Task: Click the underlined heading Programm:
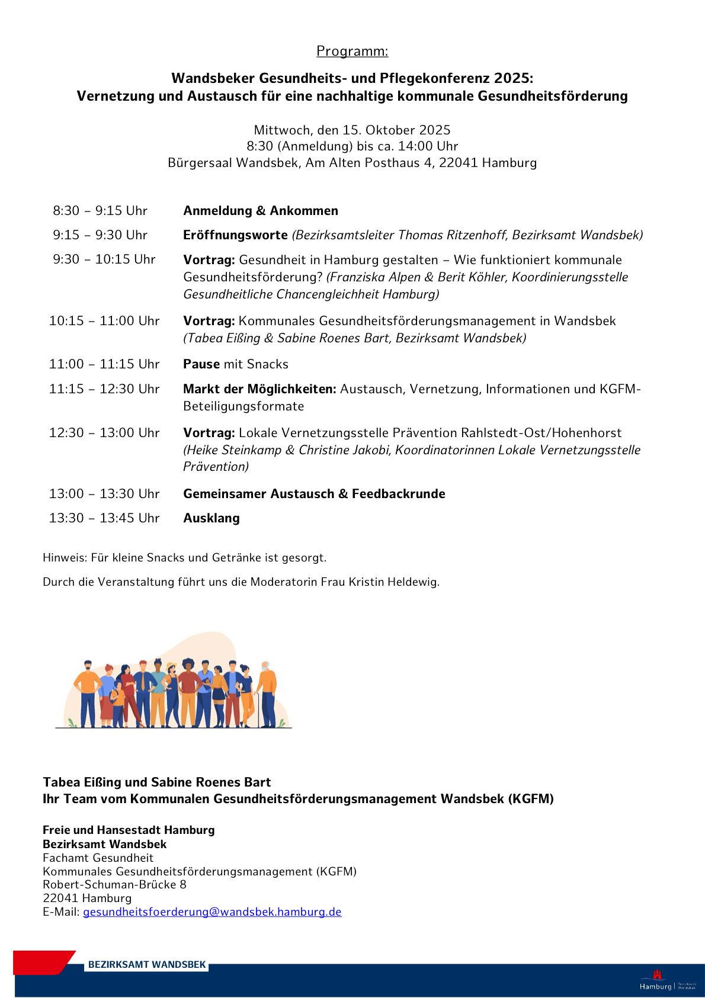click(352, 51)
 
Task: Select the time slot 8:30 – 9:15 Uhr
click(100, 211)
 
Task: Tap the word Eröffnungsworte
click(235, 235)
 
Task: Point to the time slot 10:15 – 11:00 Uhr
click(104, 321)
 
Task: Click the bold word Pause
click(201, 364)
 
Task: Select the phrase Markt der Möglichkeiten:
click(259, 389)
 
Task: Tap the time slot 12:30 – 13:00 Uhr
click(104, 433)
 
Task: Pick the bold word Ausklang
click(211, 518)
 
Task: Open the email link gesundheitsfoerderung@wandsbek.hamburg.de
click(212, 912)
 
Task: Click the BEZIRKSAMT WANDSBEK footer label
click(147, 964)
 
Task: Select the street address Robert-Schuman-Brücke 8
click(114, 885)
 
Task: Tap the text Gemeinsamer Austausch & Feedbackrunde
click(314, 494)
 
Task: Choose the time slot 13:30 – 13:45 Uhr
click(104, 518)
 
